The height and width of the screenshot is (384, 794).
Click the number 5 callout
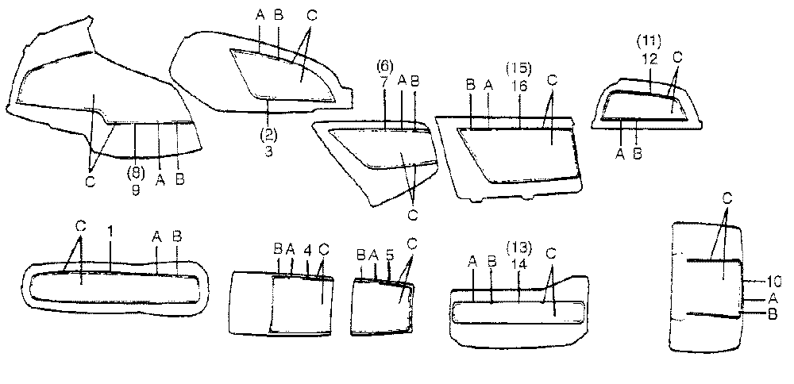click(388, 255)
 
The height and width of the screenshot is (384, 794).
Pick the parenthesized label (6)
click(384, 67)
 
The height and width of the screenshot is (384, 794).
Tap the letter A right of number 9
click(160, 180)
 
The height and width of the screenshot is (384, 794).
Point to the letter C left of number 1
click(80, 226)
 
